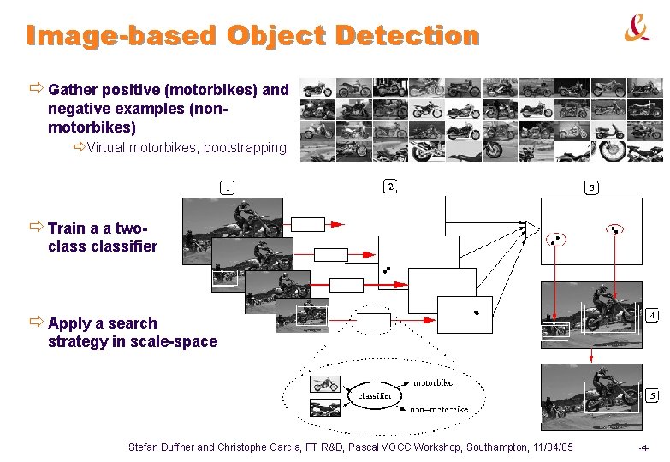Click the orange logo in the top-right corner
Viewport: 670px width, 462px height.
click(637, 30)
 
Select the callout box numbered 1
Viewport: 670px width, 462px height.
click(228, 187)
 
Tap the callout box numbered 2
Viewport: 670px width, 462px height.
click(389, 186)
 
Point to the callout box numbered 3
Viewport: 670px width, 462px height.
click(591, 187)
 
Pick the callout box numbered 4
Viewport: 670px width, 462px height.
click(652, 314)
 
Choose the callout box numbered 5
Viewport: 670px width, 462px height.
click(652, 396)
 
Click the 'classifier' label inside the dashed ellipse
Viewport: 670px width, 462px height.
click(375, 396)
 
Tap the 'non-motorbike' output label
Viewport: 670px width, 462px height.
click(439, 410)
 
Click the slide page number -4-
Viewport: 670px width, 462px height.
click(643, 448)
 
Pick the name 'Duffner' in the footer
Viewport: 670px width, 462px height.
click(173, 447)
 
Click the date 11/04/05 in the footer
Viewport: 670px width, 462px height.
click(553, 447)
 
